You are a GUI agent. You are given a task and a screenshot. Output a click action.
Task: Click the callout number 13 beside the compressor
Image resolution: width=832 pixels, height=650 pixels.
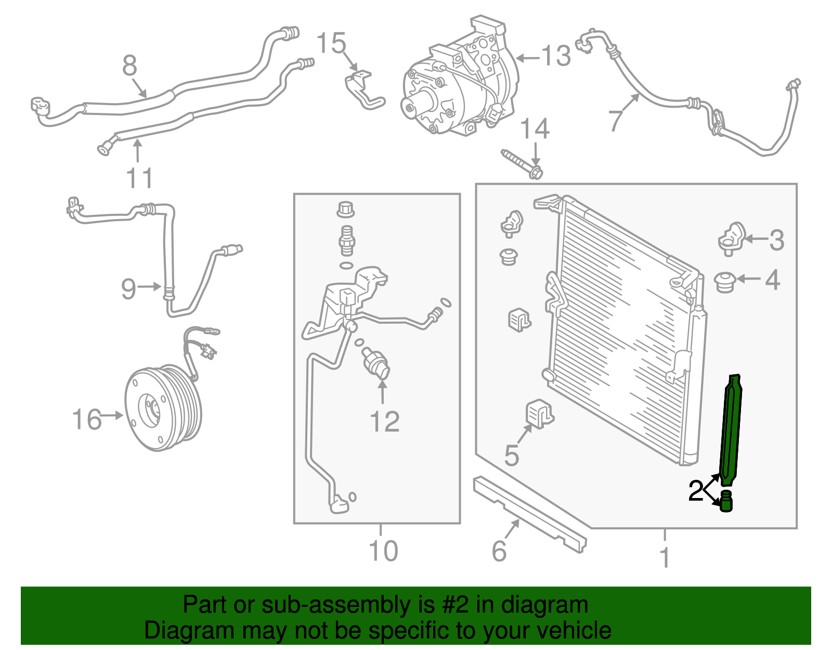click(556, 56)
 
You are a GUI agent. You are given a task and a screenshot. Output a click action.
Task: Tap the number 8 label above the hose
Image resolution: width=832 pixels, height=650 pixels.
click(129, 66)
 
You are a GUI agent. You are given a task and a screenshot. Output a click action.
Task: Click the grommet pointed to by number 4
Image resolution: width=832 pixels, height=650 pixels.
click(724, 282)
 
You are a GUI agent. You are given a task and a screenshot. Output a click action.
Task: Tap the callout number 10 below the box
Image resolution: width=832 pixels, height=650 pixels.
click(383, 551)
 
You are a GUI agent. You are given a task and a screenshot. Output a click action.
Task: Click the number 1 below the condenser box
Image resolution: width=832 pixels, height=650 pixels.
click(665, 557)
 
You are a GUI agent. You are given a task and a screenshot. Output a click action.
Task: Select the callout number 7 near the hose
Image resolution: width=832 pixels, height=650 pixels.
click(616, 120)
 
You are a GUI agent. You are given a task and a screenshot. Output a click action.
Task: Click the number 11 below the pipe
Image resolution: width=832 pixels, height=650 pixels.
click(139, 178)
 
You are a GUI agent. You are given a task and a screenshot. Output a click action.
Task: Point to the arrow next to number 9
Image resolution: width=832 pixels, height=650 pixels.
click(150, 286)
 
